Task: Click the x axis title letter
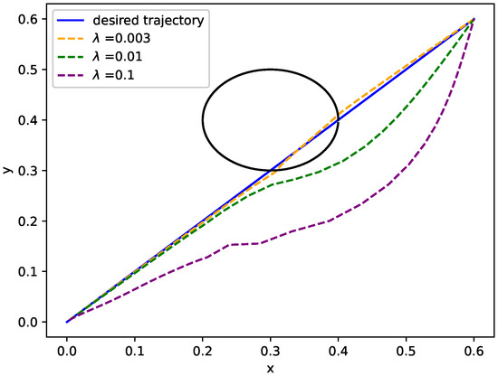270,366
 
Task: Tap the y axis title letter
8,170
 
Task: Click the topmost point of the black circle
270,70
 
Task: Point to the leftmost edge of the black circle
202,120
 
